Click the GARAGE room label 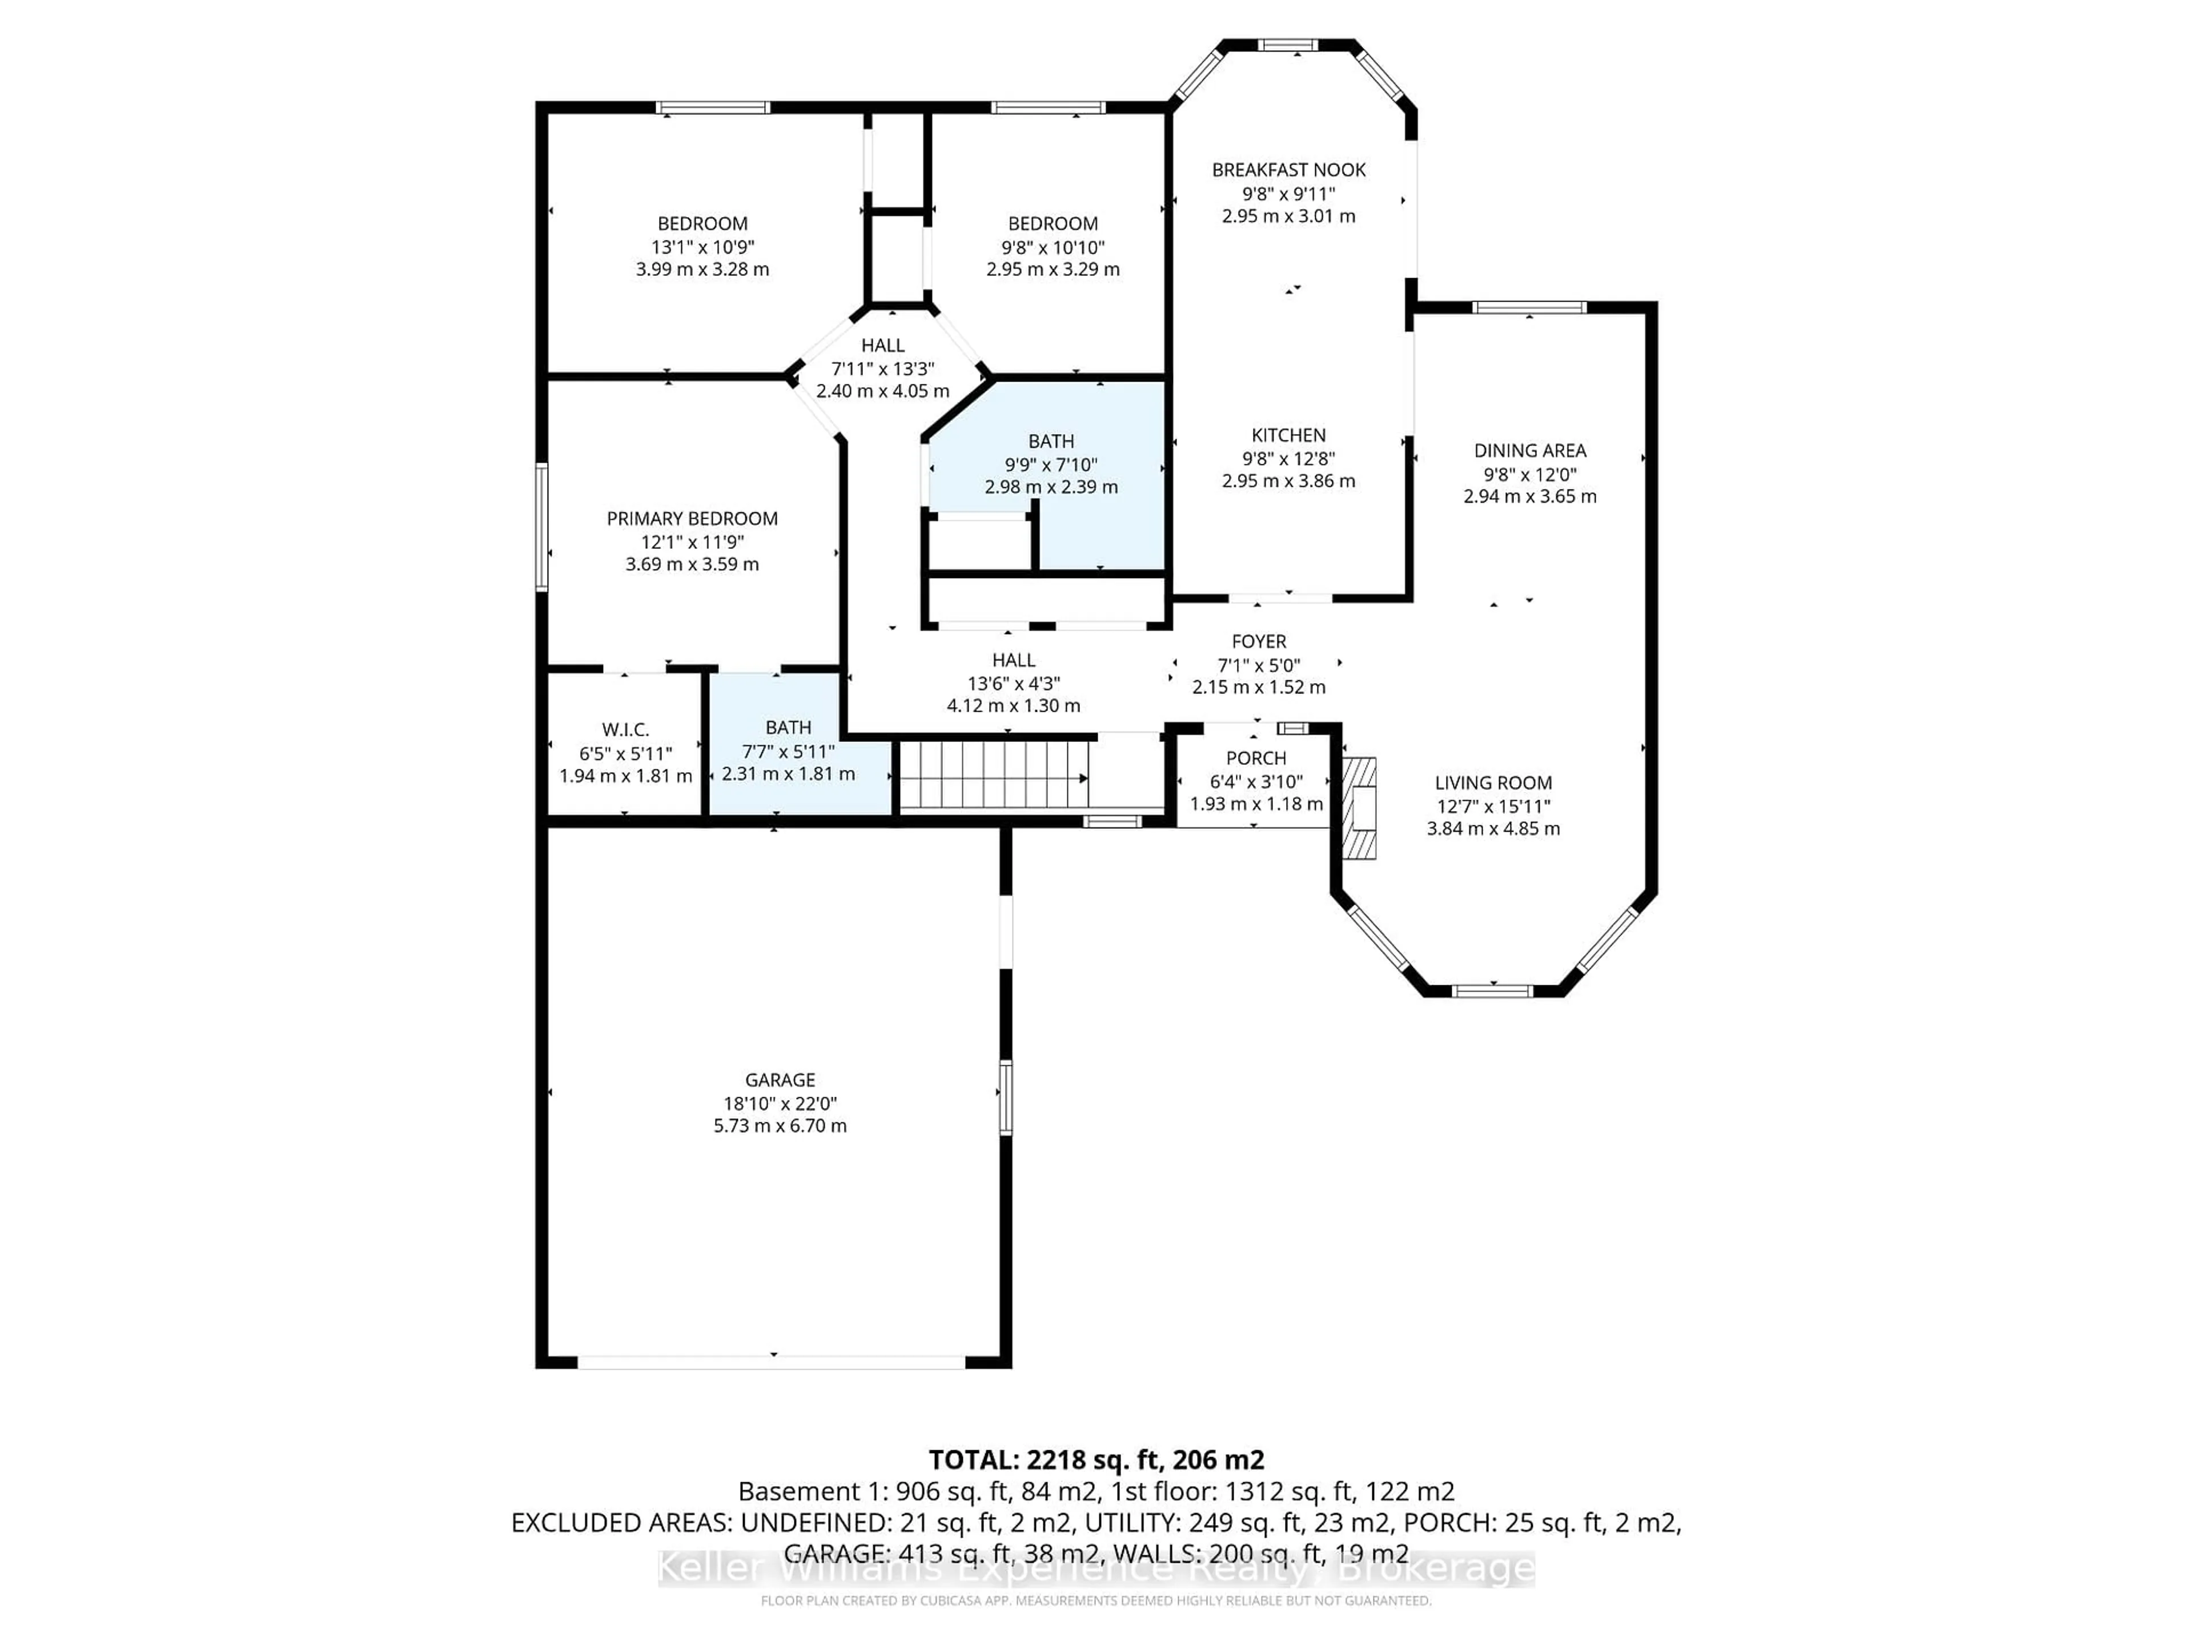point(780,1080)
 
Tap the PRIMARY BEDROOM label point(692,519)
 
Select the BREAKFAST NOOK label point(1289,170)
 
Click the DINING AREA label point(1530,450)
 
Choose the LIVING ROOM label point(1493,783)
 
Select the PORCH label point(1255,757)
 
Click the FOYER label point(1258,641)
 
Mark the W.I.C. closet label point(625,730)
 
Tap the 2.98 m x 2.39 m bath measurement point(1051,487)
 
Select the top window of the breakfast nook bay point(1288,45)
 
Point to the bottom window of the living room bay point(1493,990)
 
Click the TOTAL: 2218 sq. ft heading point(1095,1459)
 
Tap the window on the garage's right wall point(1005,1097)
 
